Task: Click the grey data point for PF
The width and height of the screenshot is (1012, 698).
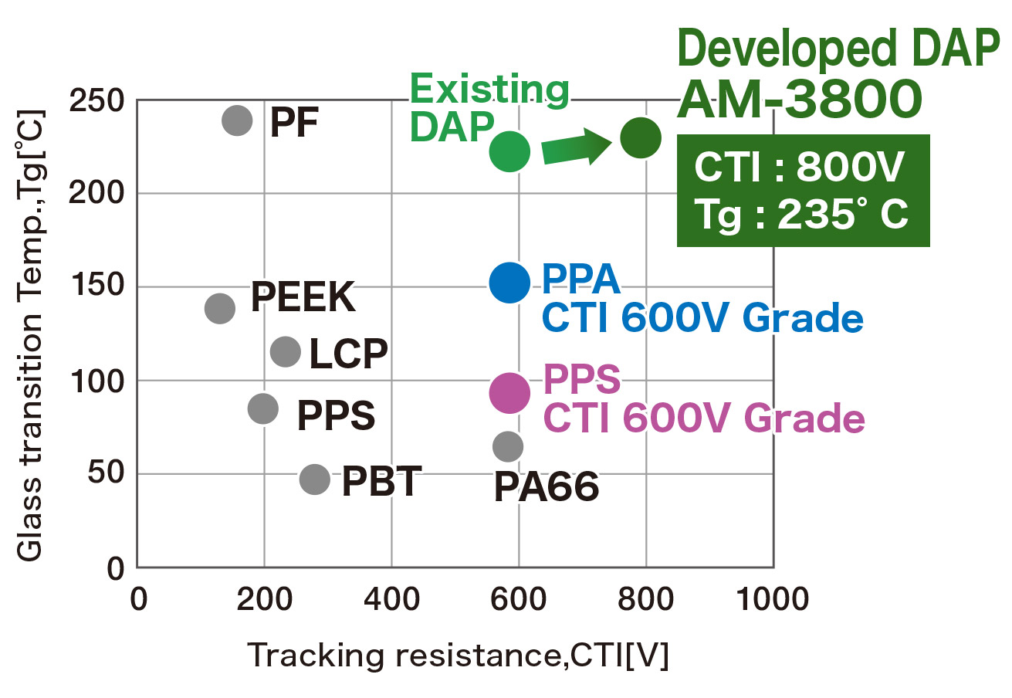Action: [237, 120]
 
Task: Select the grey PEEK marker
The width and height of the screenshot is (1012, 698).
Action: [220, 308]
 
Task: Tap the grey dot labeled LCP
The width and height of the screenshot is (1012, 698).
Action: [286, 352]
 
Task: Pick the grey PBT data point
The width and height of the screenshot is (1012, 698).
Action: [314, 479]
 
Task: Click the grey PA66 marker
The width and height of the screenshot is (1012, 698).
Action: [508, 446]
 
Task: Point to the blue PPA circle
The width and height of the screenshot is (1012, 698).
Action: [509, 283]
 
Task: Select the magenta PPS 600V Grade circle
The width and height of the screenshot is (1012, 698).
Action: [509, 392]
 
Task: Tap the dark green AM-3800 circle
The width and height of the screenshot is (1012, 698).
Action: [641, 138]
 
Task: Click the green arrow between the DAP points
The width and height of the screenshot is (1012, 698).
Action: [576, 147]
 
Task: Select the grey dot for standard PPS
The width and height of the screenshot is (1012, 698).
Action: [263, 408]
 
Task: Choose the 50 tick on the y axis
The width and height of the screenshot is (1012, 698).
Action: [107, 474]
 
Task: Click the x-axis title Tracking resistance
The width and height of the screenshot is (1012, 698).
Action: [457, 656]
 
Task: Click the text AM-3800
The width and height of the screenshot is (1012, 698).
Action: [799, 100]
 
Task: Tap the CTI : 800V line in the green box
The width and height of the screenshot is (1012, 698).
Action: [798, 168]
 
